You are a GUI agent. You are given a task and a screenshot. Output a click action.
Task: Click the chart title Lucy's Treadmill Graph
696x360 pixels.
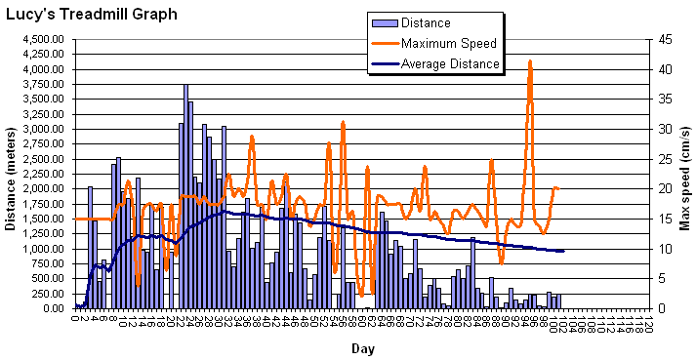(91, 15)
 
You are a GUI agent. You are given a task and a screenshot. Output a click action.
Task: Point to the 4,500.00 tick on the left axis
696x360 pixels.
(42, 39)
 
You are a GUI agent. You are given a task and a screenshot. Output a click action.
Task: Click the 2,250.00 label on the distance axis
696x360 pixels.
(42, 174)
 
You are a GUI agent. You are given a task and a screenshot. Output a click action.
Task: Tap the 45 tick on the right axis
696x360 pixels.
(664, 39)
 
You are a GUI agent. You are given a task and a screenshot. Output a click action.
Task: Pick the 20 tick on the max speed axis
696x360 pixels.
(664, 188)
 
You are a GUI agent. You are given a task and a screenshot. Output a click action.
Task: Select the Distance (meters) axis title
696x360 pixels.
(10, 174)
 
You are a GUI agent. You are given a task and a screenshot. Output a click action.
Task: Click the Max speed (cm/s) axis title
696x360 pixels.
(684, 174)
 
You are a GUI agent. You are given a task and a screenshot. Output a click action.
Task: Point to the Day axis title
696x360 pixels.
(362, 348)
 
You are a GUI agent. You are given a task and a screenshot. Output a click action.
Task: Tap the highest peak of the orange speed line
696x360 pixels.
(530, 60)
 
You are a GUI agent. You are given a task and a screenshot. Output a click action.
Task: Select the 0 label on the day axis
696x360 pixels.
(75, 318)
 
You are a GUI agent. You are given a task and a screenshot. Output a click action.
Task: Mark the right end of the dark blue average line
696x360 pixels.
(563, 251)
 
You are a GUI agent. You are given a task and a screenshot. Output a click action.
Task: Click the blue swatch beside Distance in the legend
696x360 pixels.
(384, 23)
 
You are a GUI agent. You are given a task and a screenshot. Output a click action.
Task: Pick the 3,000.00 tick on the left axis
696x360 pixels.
(42, 129)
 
